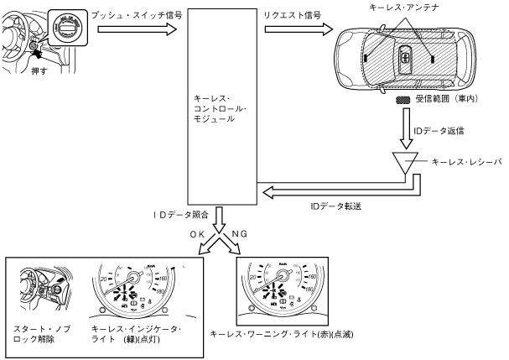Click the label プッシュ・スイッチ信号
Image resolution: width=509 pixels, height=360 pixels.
[138, 17]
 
